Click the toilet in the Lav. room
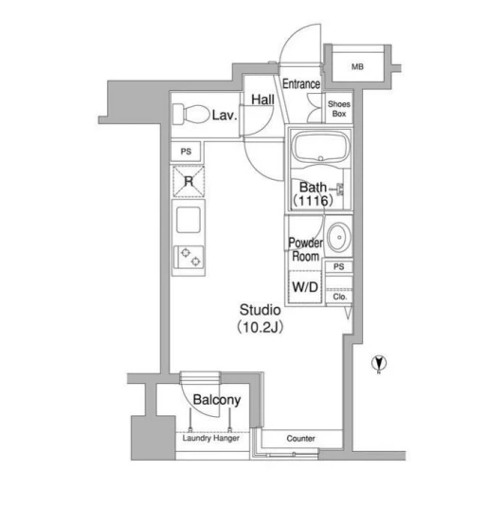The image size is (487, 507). [190, 114]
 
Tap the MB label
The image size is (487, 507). [357, 67]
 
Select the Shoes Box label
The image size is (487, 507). [339, 109]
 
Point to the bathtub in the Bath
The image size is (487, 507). [321, 147]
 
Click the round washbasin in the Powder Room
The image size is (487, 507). [339, 237]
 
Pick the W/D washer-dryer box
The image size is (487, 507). [305, 286]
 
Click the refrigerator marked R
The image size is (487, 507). [189, 181]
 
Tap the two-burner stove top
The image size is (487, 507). [189, 257]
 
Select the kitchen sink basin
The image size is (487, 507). [189, 220]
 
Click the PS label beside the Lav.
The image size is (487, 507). [186, 152]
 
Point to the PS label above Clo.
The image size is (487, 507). [338, 266]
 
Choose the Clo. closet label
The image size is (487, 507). [339, 297]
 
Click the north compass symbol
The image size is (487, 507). [379, 363]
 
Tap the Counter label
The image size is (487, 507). [300, 439]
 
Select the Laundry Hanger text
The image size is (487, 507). [211, 438]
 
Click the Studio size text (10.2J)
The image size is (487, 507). [261, 327]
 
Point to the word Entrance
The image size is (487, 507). [301, 83]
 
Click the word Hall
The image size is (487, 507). [262, 100]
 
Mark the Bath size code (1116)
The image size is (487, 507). [313, 201]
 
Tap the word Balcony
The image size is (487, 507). [217, 400]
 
